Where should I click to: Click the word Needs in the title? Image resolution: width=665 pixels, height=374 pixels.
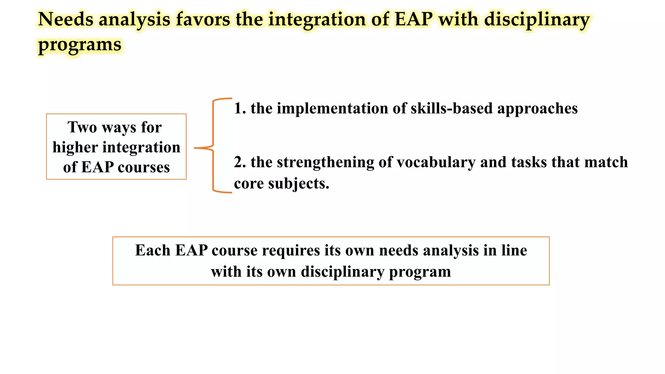66,19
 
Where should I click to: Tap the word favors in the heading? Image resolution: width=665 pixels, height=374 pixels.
203,19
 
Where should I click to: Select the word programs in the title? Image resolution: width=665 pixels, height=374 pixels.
80,45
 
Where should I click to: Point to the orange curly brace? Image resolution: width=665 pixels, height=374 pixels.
213,146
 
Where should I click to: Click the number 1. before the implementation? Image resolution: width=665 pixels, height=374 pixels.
240,108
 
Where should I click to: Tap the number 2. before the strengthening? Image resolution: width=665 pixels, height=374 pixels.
240,162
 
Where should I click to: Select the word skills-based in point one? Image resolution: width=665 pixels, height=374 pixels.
452,108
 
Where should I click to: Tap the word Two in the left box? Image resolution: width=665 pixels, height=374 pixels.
82,127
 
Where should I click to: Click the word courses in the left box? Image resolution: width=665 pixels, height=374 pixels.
144,168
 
